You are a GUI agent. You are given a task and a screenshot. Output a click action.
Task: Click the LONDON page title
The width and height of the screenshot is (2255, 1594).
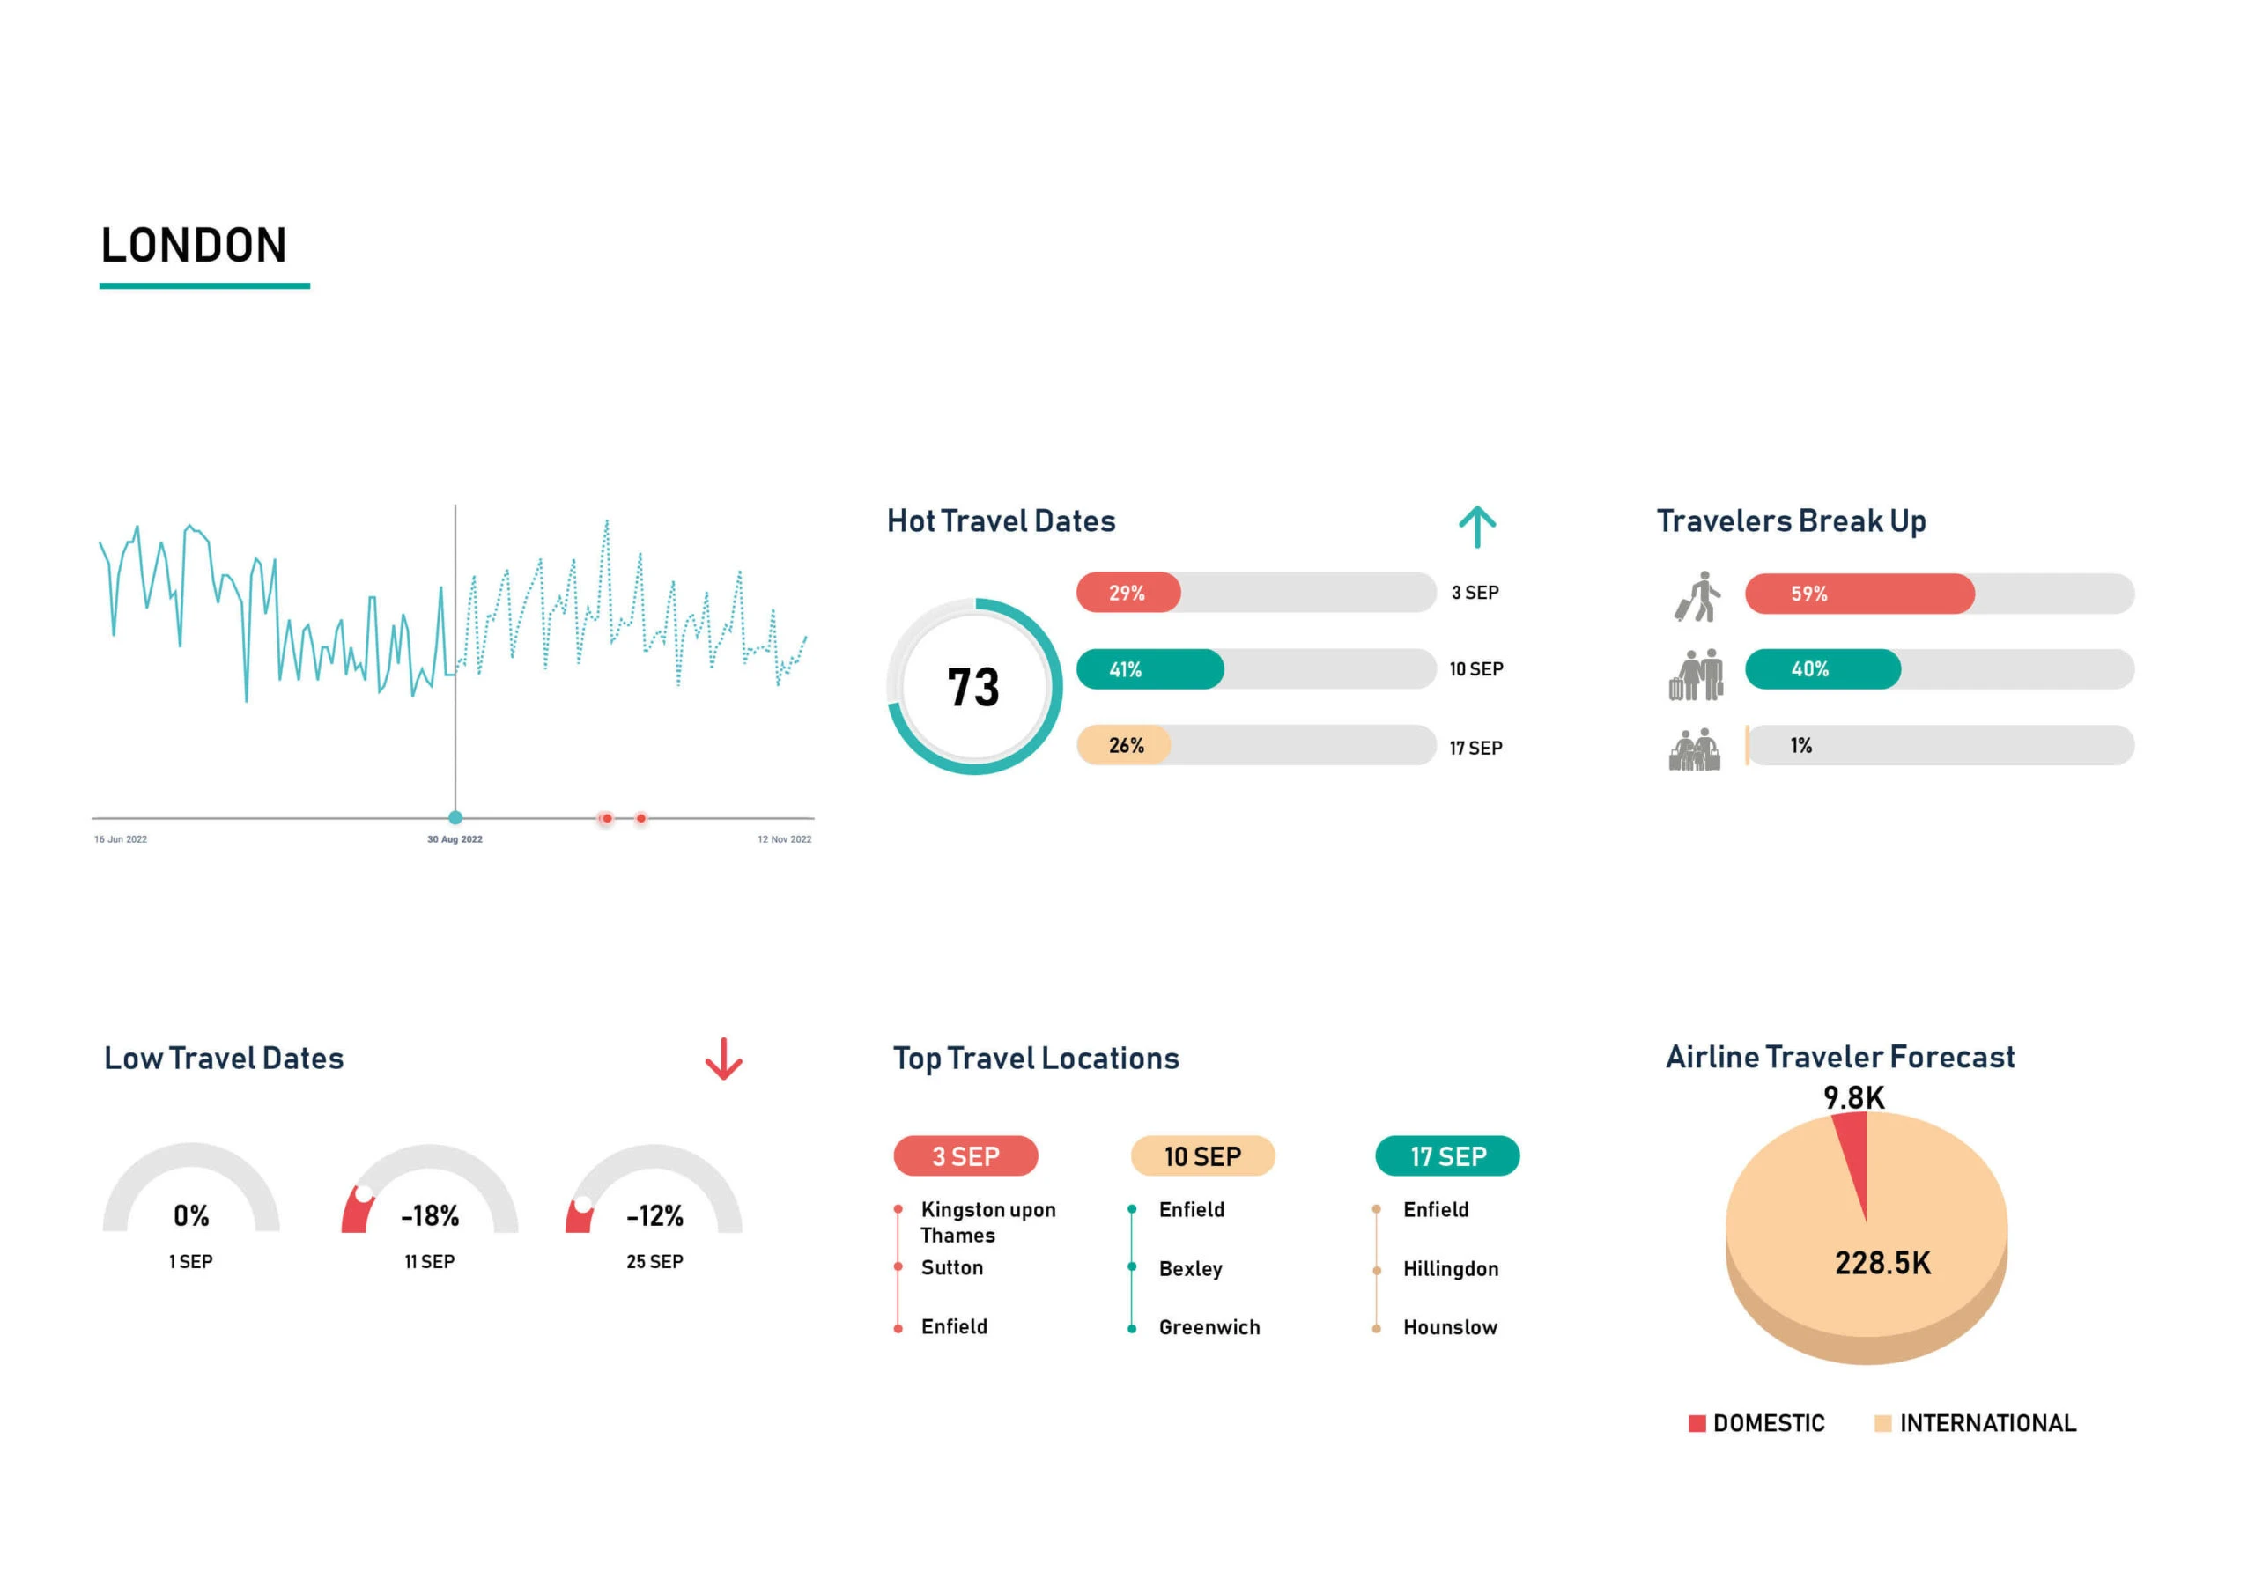click(x=194, y=246)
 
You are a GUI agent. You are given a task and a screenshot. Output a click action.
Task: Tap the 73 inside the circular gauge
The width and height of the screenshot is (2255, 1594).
click(x=972, y=687)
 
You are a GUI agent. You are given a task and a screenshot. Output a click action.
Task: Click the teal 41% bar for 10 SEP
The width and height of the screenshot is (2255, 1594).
click(x=1150, y=668)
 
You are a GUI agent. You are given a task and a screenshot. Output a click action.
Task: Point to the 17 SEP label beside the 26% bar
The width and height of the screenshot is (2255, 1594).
click(x=1475, y=748)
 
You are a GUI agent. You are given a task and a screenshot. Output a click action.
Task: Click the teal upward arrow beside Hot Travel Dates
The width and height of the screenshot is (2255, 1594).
click(x=1476, y=528)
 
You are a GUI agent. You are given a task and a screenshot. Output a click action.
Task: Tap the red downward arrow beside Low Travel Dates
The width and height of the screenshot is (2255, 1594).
click(x=724, y=1059)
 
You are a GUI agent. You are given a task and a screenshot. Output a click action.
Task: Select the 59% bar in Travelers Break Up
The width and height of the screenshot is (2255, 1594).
click(x=1859, y=594)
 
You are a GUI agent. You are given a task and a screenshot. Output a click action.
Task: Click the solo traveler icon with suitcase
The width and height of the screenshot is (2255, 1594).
click(x=1698, y=596)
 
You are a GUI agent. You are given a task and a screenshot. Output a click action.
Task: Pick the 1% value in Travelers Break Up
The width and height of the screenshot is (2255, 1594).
click(x=1800, y=745)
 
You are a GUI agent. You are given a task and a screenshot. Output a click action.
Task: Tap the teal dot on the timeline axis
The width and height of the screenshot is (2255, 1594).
click(x=455, y=817)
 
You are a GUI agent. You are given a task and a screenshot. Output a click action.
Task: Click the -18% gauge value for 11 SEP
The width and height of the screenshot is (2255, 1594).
click(x=429, y=1216)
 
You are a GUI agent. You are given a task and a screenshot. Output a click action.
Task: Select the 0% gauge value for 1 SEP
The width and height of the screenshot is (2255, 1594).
click(x=190, y=1216)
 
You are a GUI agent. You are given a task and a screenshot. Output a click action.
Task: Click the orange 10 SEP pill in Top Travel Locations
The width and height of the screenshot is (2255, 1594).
click(x=1202, y=1156)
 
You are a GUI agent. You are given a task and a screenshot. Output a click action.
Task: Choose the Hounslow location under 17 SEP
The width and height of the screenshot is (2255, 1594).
click(x=1449, y=1327)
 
